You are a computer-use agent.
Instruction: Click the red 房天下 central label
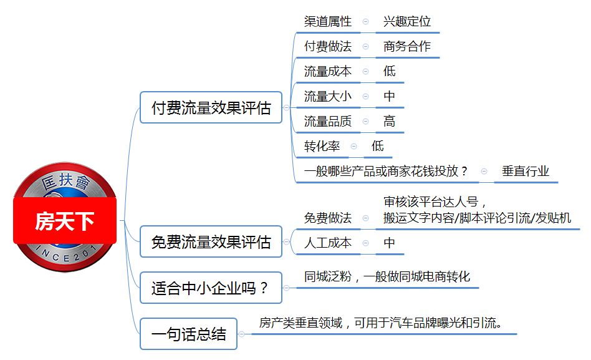65,221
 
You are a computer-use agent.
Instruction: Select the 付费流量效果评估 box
211,107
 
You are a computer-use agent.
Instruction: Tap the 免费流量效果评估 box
211,242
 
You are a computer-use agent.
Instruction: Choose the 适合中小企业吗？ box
211,288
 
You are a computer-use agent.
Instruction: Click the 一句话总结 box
188,334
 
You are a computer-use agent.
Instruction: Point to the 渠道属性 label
327,21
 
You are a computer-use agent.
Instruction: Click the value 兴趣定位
407,21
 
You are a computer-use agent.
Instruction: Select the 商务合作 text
407,46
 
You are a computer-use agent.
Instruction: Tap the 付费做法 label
327,46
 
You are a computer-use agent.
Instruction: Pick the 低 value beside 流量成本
390,71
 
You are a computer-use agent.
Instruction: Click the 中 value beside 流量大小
390,96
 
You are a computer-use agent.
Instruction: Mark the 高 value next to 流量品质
390,121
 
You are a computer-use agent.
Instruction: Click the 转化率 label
322,146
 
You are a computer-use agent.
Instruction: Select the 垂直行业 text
526,171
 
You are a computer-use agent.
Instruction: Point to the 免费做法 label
327,218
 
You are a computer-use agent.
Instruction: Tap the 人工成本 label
327,243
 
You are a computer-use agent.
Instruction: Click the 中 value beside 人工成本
390,243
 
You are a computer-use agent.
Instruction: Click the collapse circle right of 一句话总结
242,334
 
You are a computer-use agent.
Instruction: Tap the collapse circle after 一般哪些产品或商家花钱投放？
484,172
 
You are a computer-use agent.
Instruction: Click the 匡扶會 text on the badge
66,181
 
